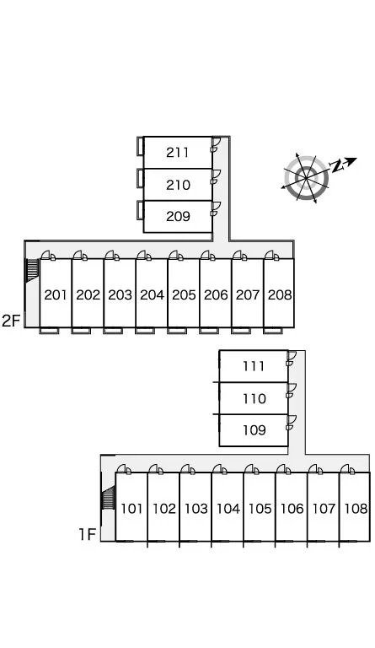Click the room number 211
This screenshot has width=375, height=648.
[x=178, y=153]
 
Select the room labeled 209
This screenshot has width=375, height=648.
[x=178, y=216]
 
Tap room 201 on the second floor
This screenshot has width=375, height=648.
[x=56, y=294]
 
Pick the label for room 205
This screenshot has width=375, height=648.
[x=184, y=294]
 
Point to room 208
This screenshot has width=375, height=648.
[x=280, y=294]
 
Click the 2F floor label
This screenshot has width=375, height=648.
[x=11, y=321]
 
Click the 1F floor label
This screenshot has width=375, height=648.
[x=88, y=535]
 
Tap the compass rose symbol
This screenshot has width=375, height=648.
[x=306, y=178]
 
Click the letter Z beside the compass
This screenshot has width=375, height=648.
[x=337, y=166]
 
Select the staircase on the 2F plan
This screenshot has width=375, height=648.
[x=32, y=270]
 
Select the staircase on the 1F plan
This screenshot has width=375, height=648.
[x=108, y=498]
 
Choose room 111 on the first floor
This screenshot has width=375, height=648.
[x=254, y=366]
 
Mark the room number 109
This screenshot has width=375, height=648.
[x=254, y=430]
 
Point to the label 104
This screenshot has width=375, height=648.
[x=228, y=508]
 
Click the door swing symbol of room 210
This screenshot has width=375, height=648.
[x=216, y=176]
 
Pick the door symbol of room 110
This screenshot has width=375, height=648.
[x=291, y=390]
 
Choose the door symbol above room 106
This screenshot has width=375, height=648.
[x=283, y=469]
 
